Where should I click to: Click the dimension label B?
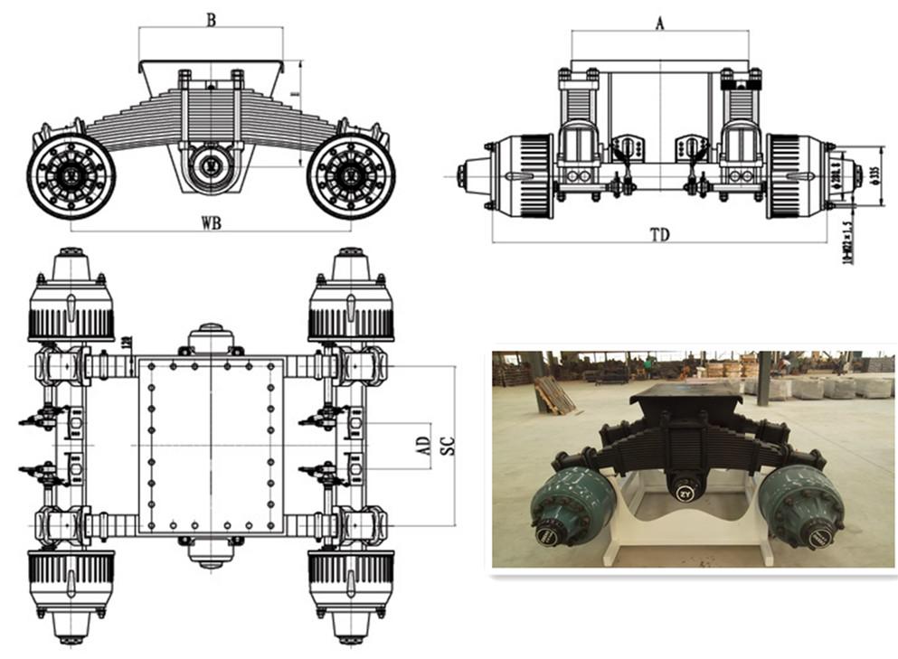[211, 19]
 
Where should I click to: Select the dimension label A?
[659, 24]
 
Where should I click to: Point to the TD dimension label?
[659, 234]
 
